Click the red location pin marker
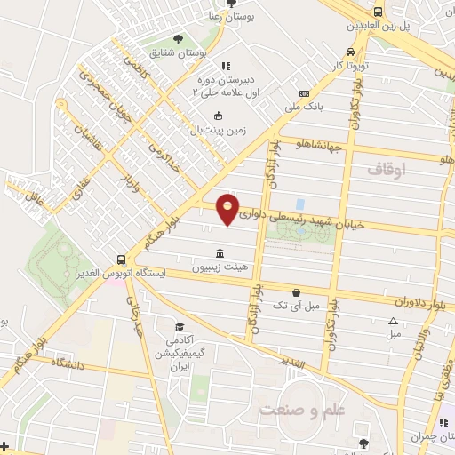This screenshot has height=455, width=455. (x=228, y=210)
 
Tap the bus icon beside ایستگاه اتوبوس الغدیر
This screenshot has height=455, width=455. (x=120, y=260)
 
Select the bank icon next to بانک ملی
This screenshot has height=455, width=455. (x=305, y=94)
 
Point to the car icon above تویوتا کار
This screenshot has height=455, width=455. (x=353, y=52)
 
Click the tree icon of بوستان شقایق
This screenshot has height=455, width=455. (x=179, y=40)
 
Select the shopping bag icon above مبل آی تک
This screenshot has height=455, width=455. (x=296, y=292)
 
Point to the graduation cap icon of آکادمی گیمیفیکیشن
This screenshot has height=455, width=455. (x=180, y=326)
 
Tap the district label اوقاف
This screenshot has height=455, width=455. (x=386, y=166)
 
